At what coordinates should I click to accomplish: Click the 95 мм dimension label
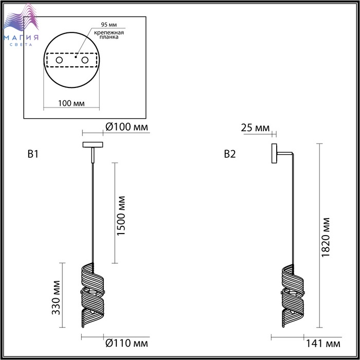pos(109,25)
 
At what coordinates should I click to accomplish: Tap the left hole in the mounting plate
pos(59,60)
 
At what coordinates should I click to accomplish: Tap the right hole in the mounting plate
pos(85,60)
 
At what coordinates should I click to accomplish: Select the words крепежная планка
pos(109,34)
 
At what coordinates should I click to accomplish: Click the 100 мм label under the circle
pos(71,103)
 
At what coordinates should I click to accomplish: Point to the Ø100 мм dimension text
pos(127,127)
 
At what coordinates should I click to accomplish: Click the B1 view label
pos(33,154)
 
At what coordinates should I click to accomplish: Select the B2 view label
pos(230,154)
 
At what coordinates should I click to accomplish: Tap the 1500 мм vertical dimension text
pos(121,216)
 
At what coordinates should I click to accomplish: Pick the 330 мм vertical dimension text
pos(56,298)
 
